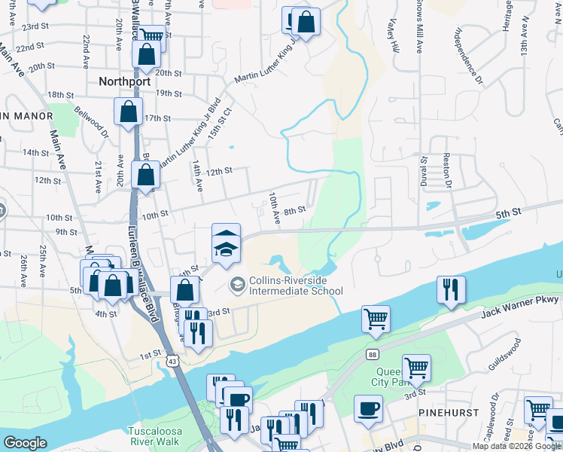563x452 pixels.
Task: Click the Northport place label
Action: coord(126,81)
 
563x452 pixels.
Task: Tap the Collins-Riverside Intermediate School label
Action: coord(296,286)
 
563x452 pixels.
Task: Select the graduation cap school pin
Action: coord(226,243)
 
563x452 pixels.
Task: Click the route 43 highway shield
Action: coord(172,362)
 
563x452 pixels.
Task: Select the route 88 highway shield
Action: coord(373,354)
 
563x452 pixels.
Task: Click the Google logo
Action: coord(26,443)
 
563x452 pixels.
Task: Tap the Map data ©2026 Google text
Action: coord(516,446)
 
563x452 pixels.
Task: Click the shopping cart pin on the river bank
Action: coord(376,318)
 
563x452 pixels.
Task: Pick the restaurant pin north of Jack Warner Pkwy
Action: coord(451,289)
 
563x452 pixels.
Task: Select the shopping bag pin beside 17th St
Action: coord(129,111)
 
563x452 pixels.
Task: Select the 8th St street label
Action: coord(294,211)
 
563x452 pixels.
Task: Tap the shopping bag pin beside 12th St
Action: coord(145,175)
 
